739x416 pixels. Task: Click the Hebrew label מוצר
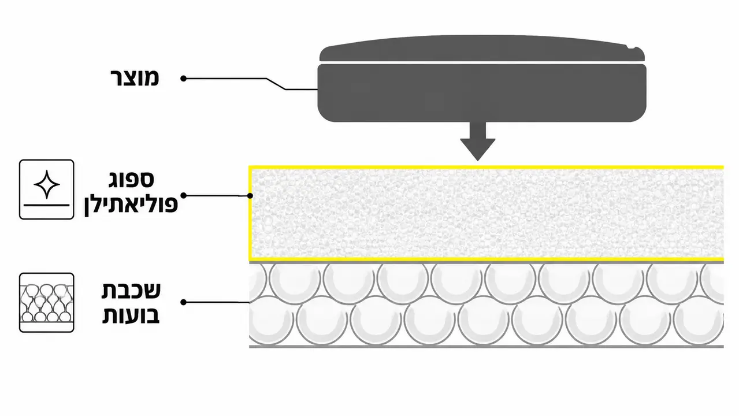135,78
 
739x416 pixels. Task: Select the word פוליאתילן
131,205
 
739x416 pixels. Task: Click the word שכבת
131,291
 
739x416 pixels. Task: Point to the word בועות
131,314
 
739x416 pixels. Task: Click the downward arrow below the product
478,141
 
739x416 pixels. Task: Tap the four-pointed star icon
47,184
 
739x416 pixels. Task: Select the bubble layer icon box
47,303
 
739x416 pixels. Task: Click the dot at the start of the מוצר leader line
184,79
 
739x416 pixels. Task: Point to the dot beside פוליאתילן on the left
184,196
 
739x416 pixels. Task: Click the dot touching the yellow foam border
250,196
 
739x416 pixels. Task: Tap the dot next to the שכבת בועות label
184,302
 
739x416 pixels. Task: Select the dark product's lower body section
482,93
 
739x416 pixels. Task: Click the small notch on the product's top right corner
633,47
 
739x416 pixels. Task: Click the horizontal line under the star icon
47,205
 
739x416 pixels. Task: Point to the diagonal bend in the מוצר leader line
276,84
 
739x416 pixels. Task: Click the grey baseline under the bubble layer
487,347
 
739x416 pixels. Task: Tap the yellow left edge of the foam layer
250,213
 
